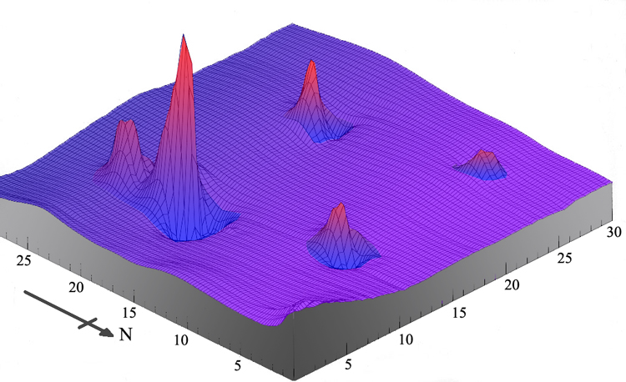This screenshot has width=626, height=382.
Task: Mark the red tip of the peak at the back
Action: click(311, 63)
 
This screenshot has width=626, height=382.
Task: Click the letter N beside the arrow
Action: click(127, 335)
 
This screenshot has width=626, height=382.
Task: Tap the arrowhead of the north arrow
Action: click(107, 332)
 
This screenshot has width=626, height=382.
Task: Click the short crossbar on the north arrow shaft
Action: click(87, 322)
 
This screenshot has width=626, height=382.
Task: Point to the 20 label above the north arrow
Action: click(77, 288)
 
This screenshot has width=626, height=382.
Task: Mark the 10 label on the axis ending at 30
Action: click(407, 339)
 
